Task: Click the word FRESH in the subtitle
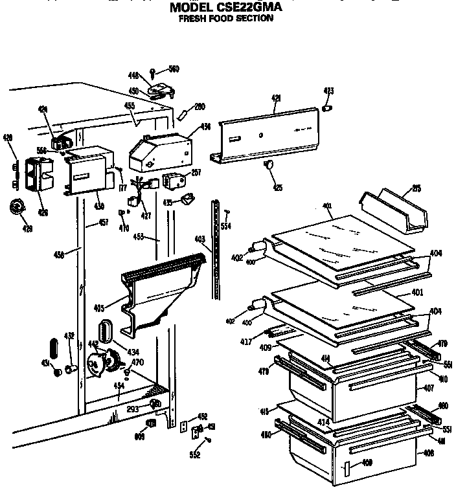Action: (194, 19)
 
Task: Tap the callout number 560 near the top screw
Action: (174, 69)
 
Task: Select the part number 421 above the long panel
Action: (276, 98)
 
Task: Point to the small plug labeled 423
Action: (328, 107)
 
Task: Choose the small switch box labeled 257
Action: (172, 179)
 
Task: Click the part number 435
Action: (167, 202)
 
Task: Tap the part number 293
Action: (133, 409)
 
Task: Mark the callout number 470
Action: (137, 363)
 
